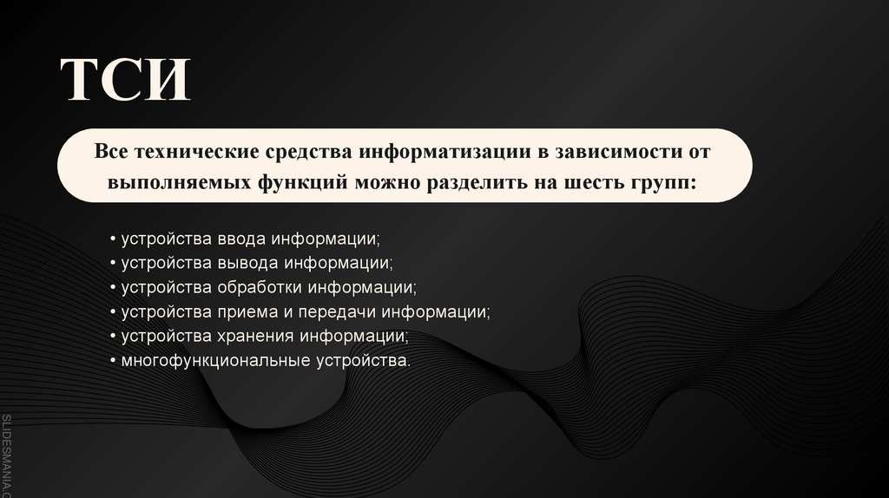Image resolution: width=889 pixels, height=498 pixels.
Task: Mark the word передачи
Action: pos(328,310)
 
